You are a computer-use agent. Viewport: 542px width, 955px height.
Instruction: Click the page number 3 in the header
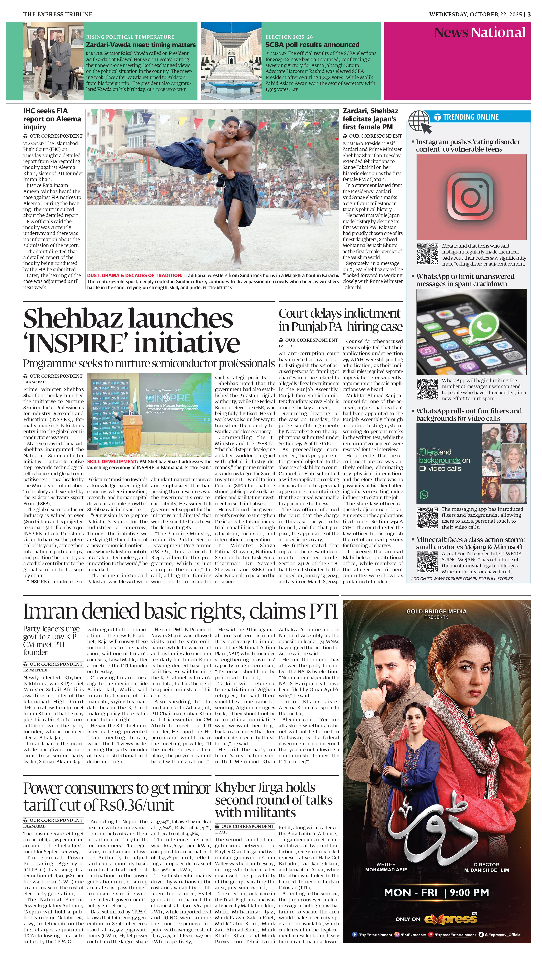click(529, 14)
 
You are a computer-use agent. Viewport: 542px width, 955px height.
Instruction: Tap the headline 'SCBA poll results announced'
click(312, 45)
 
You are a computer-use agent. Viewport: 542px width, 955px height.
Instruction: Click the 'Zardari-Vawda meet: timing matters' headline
click(141, 45)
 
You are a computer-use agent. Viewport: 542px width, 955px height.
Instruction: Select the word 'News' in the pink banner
click(451, 33)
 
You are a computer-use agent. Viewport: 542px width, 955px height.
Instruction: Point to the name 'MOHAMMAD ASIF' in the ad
click(386, 870)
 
